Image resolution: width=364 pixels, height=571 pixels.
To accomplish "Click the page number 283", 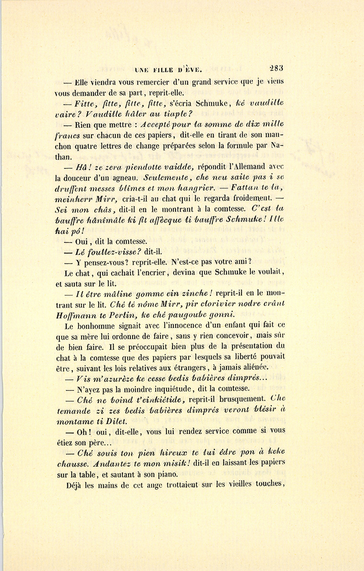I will (x=275, y=68).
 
